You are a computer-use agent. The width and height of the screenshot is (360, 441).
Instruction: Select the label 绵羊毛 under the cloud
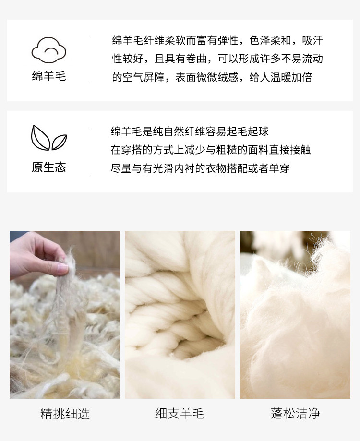(x=49, y=76)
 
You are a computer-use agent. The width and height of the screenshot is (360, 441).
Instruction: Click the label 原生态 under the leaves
(x=49, y=167)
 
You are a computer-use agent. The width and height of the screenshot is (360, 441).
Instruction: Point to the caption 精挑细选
(x=65, y=414)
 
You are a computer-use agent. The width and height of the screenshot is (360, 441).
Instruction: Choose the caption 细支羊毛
(x=180, y=414)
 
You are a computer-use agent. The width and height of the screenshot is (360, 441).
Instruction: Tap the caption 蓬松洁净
(x=295, y=414)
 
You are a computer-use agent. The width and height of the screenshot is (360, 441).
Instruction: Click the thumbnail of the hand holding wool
(x=65, y=315)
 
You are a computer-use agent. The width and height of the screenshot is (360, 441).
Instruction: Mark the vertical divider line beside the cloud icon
(x=89, y=60)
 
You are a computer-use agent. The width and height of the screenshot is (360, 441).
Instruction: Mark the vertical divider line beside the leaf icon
(x=89, y=152)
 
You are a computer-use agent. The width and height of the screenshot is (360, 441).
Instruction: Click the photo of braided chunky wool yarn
(x=180, y=315)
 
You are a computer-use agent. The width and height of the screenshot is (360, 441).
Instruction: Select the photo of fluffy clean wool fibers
(x=295, y=315)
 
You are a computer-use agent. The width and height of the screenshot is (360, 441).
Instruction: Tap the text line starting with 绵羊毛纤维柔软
(x=217, y=40)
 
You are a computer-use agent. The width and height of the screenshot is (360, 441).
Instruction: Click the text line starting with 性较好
(x=217, y=59)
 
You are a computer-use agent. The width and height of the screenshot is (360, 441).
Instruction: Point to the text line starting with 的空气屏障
(x=212, y=77)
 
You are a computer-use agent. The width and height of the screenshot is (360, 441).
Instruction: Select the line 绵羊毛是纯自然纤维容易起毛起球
(x=190, y=131)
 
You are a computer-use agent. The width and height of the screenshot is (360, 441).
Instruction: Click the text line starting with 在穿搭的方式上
(x=211, y=150)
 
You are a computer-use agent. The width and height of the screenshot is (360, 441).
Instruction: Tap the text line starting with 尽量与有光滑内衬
(x=200, y=168)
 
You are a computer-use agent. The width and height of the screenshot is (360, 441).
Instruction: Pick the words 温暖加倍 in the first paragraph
(x=291, y=77)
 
